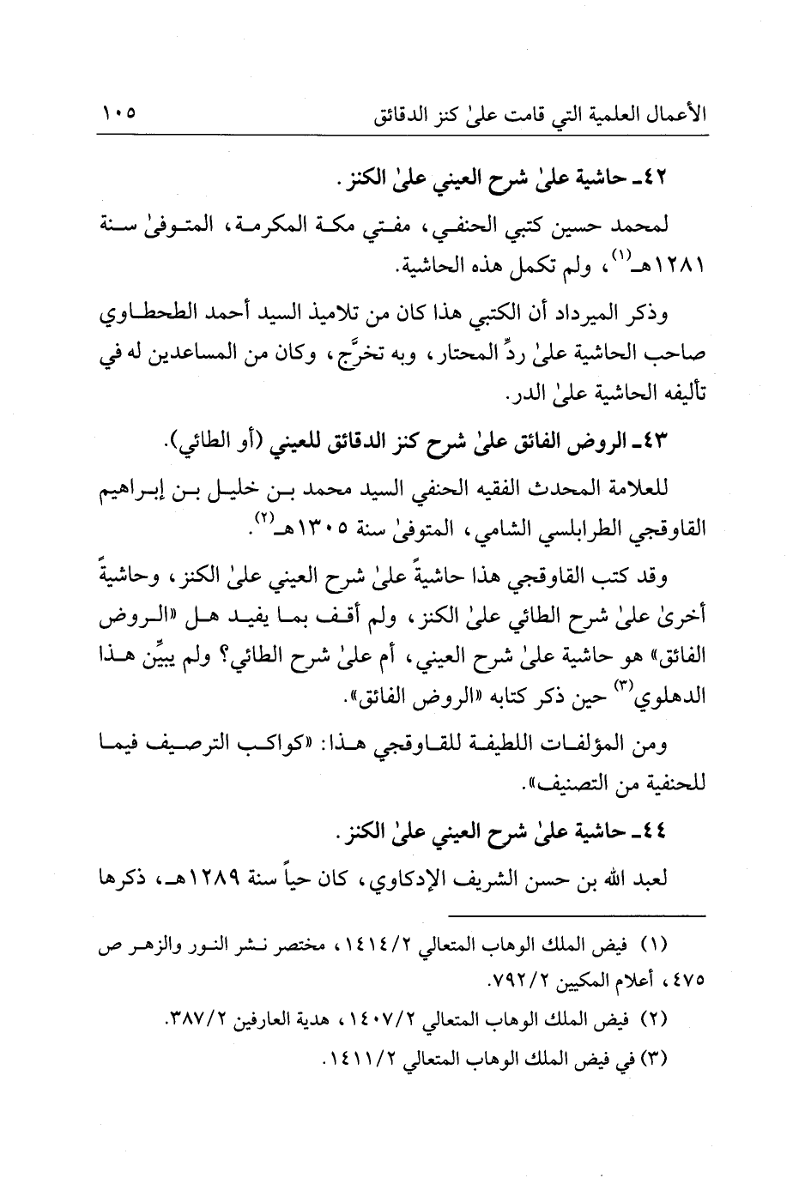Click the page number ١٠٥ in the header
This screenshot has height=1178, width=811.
coord(119,112)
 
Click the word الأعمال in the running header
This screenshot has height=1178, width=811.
coord(675,113)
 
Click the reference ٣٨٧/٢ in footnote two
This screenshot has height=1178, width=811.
coord(193,1020)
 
